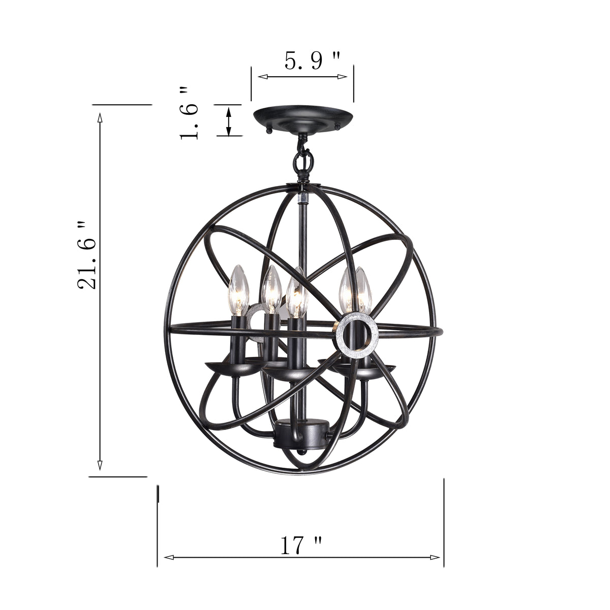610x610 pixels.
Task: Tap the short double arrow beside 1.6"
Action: (x=228, y=121)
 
